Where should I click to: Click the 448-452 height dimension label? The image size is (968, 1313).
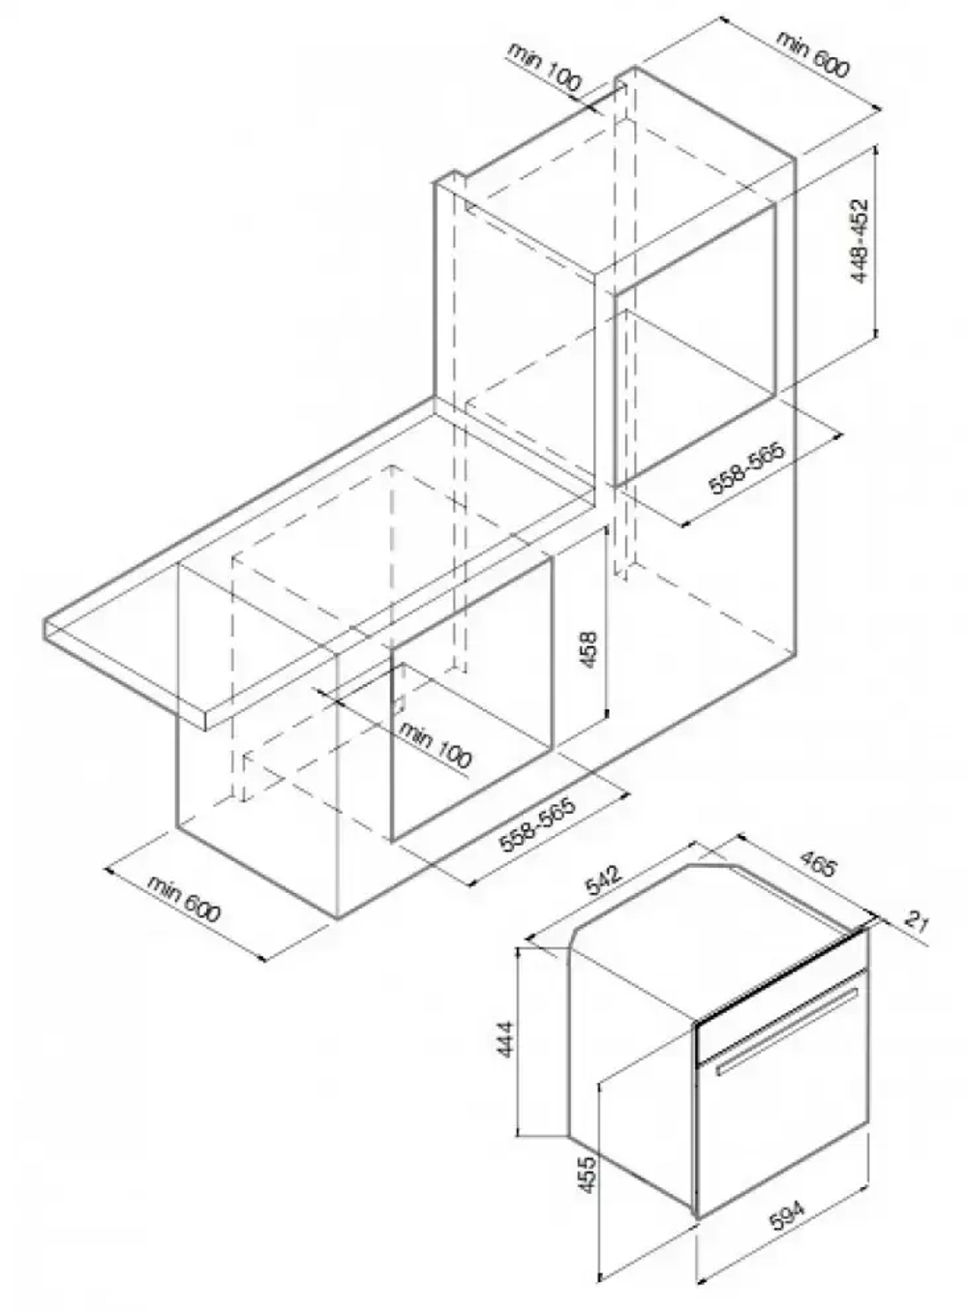[861, 241]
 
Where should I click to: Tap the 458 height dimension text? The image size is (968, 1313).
[588, 649]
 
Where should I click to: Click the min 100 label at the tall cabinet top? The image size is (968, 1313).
[544, 66]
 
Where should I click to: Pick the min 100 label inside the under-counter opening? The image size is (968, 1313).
[435, 744]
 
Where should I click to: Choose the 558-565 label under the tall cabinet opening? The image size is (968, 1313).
[746, 467]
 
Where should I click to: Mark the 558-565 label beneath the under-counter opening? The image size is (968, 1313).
[537, 824]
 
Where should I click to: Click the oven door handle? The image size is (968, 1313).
[786, 1030]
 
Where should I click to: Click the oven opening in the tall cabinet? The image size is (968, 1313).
[694, 345]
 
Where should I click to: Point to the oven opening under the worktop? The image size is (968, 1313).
[471, 699]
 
